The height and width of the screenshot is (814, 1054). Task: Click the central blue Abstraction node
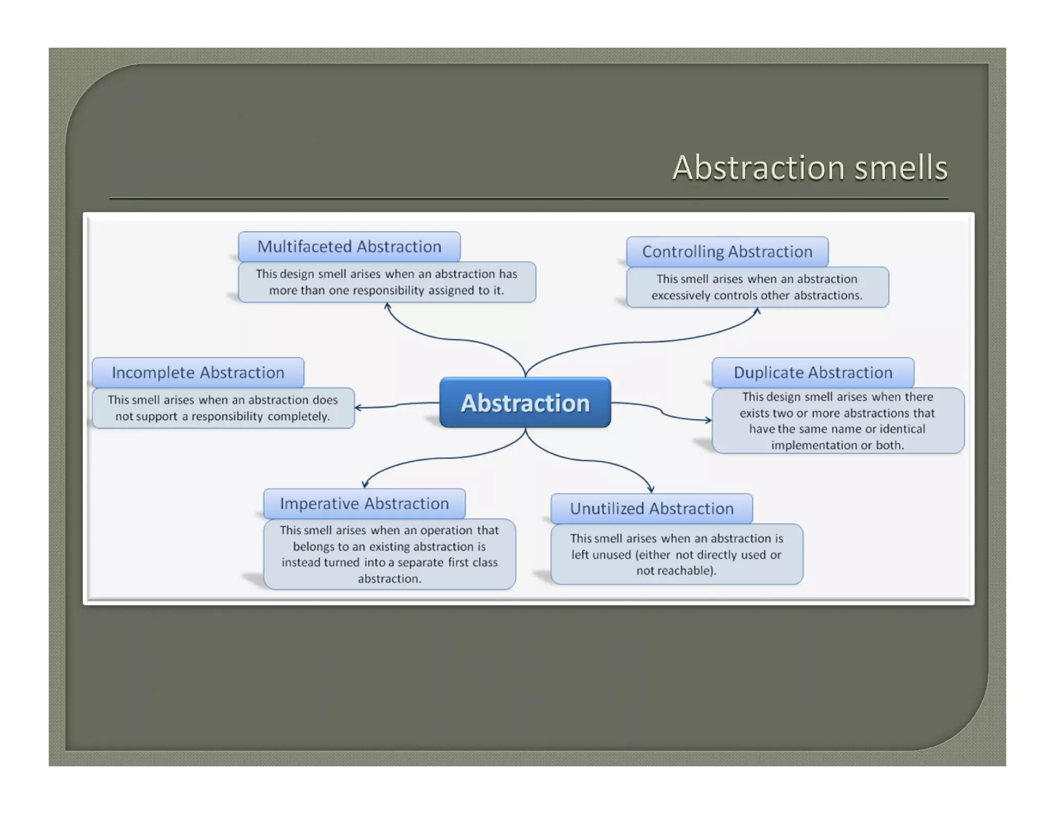tap(525, 403)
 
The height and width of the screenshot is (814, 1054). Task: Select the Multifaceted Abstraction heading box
tap(349, 246)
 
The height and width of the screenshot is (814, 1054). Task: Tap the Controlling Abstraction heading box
tap(727, 252)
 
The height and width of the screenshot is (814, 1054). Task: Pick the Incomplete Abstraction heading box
tap(198, 373)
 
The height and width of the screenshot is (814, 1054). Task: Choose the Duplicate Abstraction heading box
tap(813, 373)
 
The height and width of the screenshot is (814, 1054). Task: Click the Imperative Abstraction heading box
tap(364, 503)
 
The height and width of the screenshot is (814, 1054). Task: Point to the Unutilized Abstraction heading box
tap(652, 508)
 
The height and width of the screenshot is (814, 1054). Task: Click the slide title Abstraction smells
tap(810, 168)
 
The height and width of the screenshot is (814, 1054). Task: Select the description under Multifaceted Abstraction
tap(387, 282)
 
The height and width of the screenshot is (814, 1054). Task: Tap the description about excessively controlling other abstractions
tap(757, 287)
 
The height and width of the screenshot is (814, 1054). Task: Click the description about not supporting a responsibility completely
tap(223, 408)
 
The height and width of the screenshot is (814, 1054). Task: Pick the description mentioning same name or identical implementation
tap(837, 421)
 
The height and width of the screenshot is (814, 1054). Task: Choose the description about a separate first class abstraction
tap(389, 554)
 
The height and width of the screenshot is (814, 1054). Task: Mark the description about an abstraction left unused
tap(676, 554)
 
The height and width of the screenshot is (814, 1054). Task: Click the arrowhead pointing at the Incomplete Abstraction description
tap(358, 408)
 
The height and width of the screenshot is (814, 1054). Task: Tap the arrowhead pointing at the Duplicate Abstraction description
tap(709, 420)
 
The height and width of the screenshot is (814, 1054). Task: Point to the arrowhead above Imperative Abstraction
tap(365, 484)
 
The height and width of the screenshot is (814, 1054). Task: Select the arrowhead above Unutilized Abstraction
tap(651, 489)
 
